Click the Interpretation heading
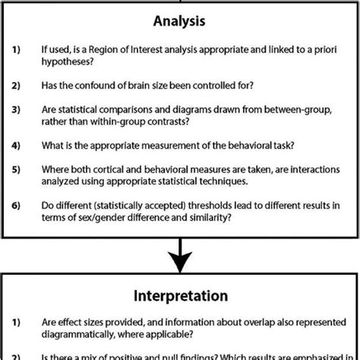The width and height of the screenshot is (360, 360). pyautogui.click(x=179, y=294)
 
